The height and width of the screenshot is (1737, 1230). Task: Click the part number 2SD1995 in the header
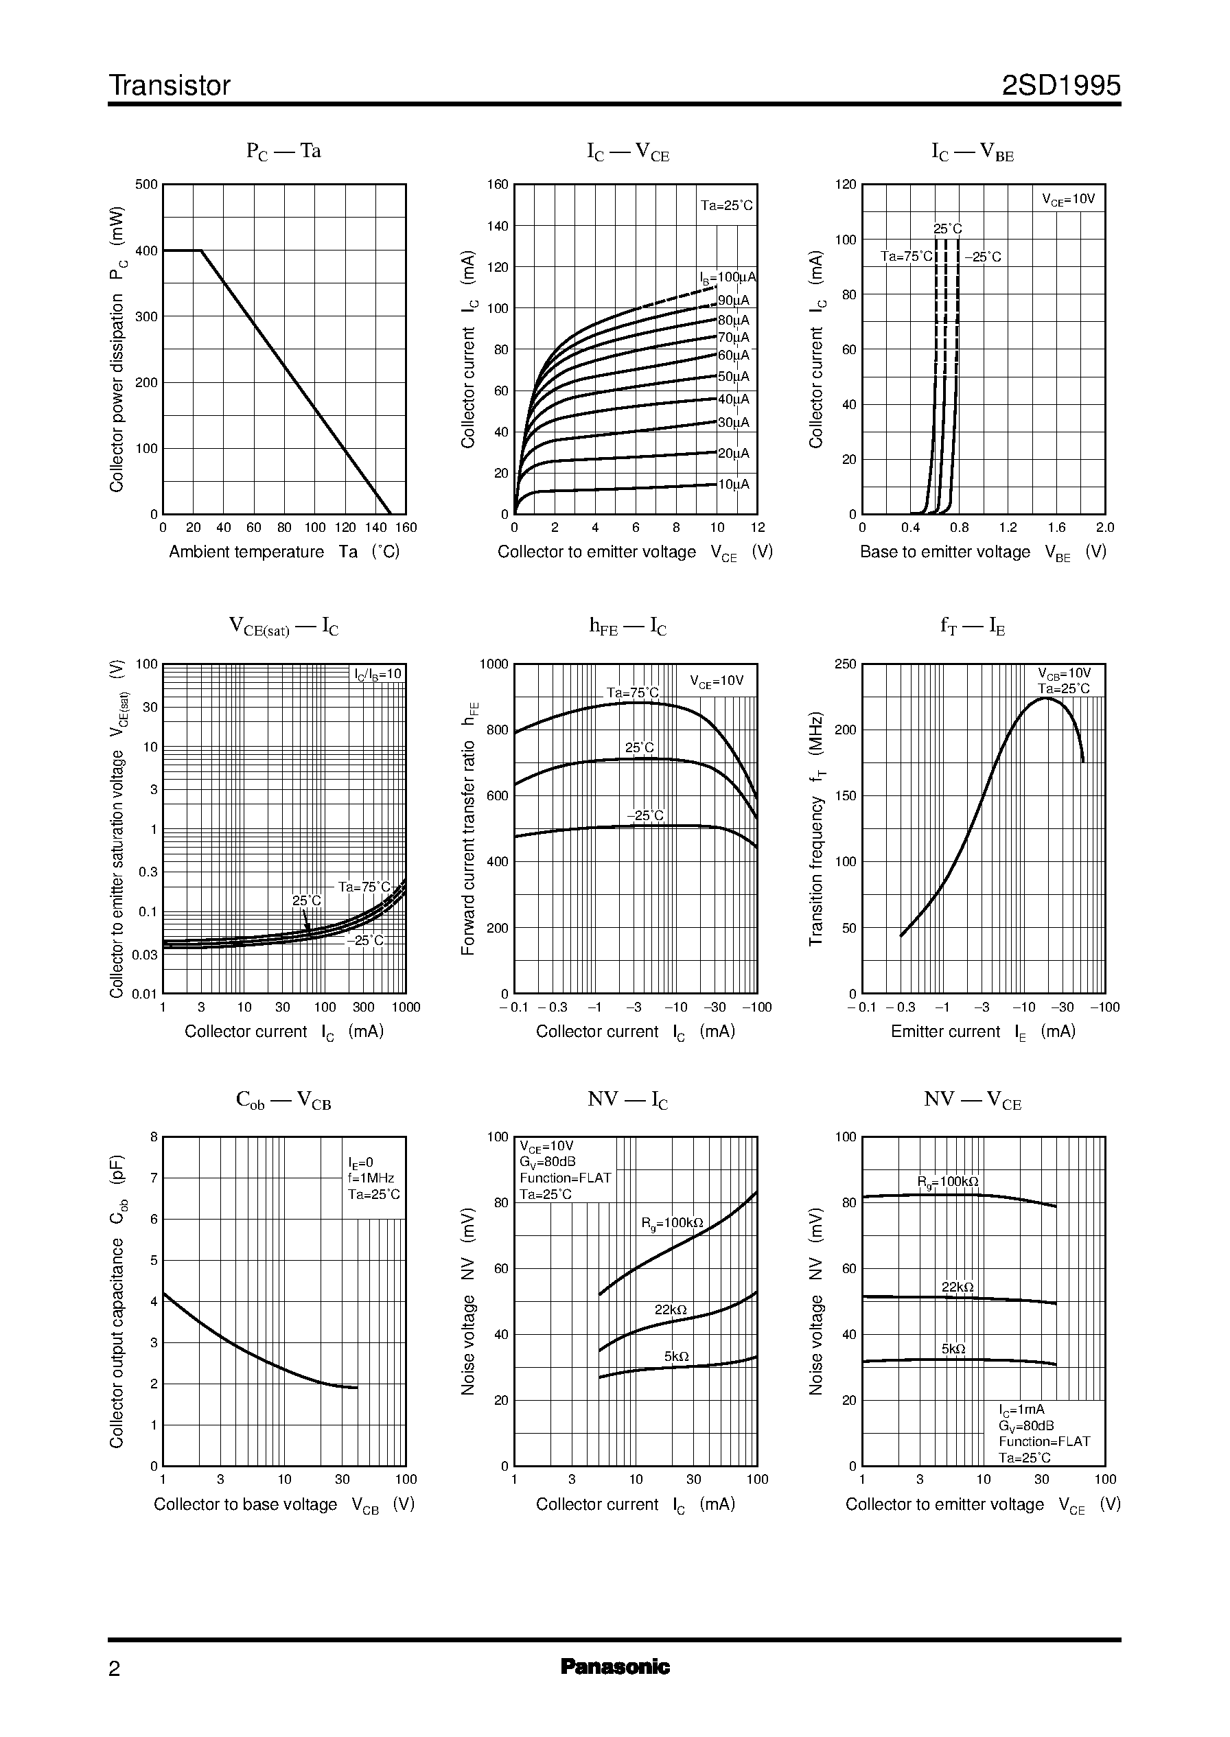pos(1060,86)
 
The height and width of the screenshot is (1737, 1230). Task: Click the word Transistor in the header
pos(170,86)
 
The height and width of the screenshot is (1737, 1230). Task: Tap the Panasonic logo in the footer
pos(614,1666)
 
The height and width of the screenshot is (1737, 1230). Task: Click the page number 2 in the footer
pos(115,1669)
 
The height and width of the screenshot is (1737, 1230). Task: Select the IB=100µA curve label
pos(727,278)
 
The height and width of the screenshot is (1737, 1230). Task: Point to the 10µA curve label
pos(732,485)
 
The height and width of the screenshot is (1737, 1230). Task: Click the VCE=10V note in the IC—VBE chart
pos(1068,200)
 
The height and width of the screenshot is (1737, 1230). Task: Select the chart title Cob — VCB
pos(283,1100)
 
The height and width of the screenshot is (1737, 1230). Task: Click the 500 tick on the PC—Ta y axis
pos(146,185)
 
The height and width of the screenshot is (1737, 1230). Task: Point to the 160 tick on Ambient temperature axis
pos(406,528)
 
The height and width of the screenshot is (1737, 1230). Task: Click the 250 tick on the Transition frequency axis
pos(844,664)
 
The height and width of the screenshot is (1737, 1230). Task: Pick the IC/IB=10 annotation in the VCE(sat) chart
pos(378,674)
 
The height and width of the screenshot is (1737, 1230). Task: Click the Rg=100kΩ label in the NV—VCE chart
pos(947,1182)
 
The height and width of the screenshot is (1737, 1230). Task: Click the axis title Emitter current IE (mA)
pos(982,1032)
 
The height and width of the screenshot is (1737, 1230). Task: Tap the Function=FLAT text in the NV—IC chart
pos(564,1178)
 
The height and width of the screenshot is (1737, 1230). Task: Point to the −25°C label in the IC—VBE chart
pos(982,257)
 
